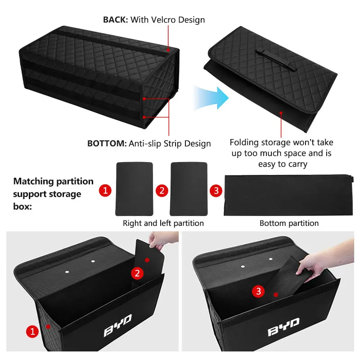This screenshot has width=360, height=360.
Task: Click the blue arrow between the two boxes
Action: click(211, 98)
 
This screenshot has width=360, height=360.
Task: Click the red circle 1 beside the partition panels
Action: click(105, 190)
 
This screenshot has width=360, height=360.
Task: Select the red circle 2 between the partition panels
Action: click(162, 190)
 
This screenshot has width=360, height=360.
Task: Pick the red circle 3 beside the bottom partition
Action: click(216, 190)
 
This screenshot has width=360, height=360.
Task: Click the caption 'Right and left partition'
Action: click(163, 223)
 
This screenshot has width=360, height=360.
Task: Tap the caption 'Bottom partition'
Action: click(289, 223)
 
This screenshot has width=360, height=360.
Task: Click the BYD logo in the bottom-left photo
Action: click(117, 325)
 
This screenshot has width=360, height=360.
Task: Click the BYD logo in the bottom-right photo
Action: click(284, 327)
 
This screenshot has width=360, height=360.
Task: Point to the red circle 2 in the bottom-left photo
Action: click(137, 273)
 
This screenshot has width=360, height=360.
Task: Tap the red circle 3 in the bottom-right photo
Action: click(258, 291)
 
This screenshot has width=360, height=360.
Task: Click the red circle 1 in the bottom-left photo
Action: click(32, 331)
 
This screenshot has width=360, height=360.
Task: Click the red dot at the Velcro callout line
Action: click(168, 49)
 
